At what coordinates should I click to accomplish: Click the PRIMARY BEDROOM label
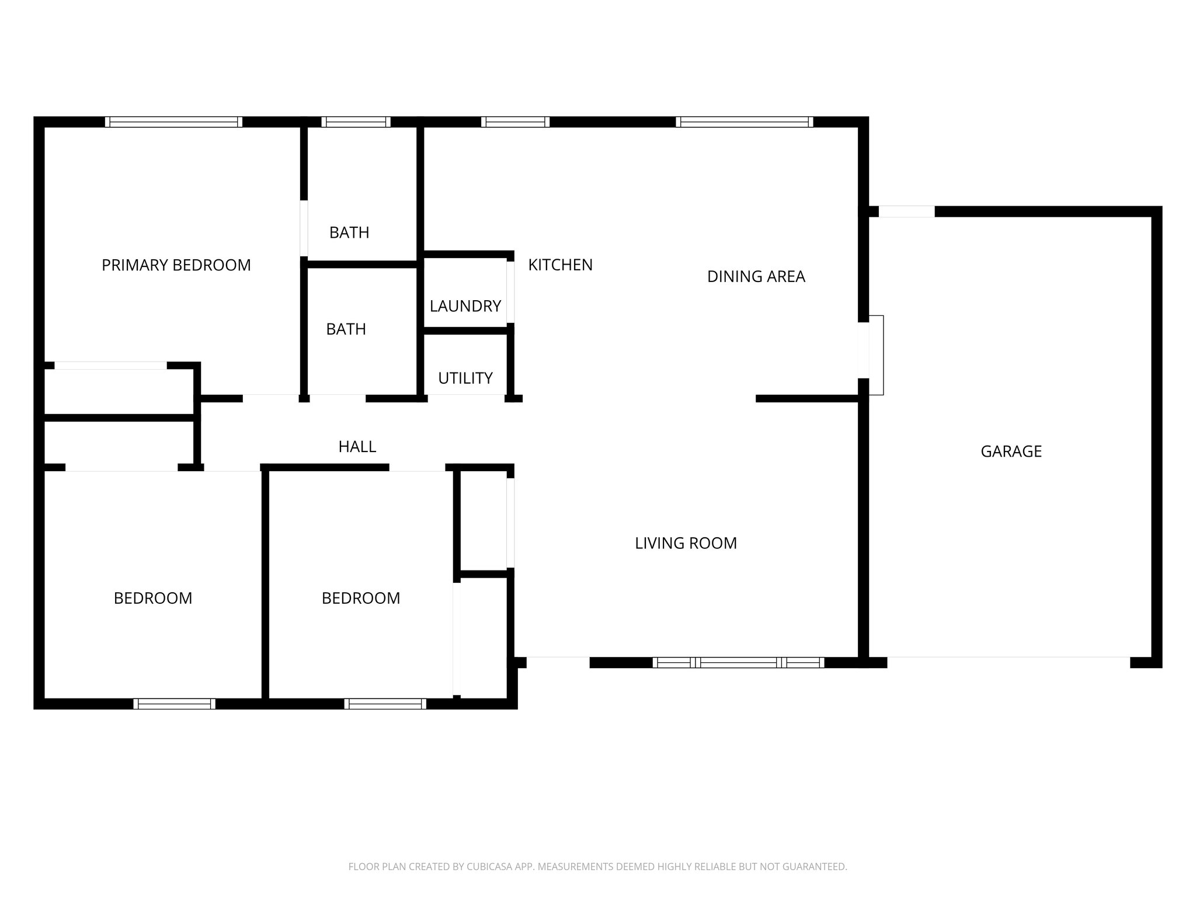click(176, 265)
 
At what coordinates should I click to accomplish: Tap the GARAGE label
click(1011, 451)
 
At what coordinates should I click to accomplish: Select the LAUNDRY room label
click(465, 306)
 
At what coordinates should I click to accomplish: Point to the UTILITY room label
click(465, 378)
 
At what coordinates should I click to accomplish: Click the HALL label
click(357, 447)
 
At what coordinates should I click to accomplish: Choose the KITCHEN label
click(560, 265)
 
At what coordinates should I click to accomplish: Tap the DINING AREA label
click(756, 277)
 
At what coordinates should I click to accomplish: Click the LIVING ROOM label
click(686, 544)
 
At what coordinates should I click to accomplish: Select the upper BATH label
click(349, 233)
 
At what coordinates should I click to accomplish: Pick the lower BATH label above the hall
click(346, 329)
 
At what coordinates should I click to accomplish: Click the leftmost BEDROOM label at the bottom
click(153, 599)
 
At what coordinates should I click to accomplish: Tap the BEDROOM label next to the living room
click(361, 599)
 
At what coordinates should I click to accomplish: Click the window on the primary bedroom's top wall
click(173, 122)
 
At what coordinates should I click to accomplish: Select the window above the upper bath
click(356, 122)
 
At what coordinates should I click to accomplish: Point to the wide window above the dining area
click(745, 122)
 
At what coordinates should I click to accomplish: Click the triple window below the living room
click(738, 662)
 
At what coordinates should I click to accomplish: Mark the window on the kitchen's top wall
click(515, 122)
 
